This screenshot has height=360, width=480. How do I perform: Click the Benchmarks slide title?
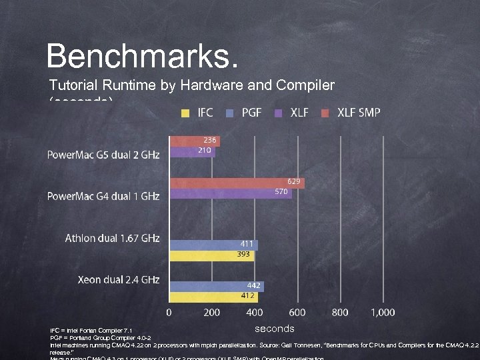pyautogui.click(x=141, y=56)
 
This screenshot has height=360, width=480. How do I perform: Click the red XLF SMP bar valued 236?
pyautogui.click(x=195, y=141)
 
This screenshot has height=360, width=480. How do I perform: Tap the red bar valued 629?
pyautogui.click(x=237, y=182)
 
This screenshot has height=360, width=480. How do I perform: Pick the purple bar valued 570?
pyautogui.click(x=230, y=193)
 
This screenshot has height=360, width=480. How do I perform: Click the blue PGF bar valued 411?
pyautogui.click(x=213, y=245)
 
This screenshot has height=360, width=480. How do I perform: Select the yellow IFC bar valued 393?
pyautogui.click(x=211, y=255)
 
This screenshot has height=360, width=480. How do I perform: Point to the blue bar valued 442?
pyautogui.click(x=217, y=286)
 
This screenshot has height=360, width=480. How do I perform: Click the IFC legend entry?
pyautogui.click(x=198, y=113)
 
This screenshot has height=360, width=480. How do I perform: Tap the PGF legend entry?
pyautogui.click(x=244, y=113)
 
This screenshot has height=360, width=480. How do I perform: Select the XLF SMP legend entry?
pyautogui.click(x=351, y=113)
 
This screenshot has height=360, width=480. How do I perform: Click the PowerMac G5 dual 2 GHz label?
pyautogui.click(x=103, y=155)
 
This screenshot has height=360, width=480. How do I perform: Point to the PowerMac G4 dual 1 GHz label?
pyautogui.click(x=103, y=197)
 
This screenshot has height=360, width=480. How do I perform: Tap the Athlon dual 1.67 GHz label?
pyautogui.click(x=112, y=239)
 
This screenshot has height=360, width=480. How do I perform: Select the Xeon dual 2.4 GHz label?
pyautogui.click(x=119, y=280)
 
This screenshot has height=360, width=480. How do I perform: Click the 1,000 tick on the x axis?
pyautogui.click(x=383, y=312)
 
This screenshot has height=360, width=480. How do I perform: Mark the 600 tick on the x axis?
pyautogui.click(x=298, y=312)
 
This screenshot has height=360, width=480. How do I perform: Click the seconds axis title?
pyautogui.click(x=274, y=329)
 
